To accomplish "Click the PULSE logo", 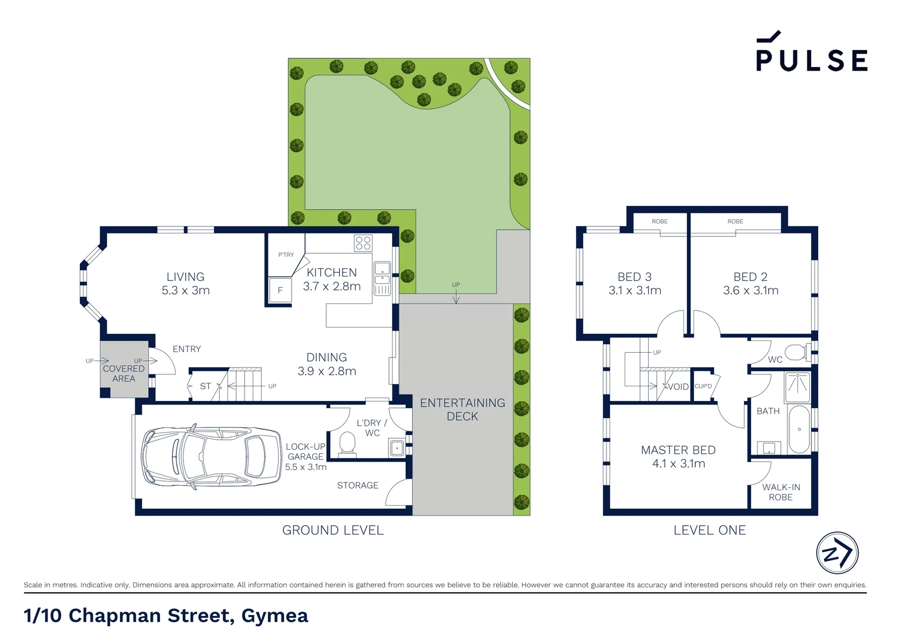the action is (811, 54).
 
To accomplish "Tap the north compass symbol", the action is (837, 553).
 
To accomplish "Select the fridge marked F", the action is (280, 290).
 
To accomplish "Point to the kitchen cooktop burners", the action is (363, 243).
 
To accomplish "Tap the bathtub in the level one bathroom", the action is (799, 429).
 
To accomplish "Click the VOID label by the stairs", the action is (678, 386).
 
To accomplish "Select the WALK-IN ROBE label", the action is (780, 492).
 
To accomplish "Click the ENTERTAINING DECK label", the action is (463, 409).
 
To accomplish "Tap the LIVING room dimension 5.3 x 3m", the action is (186, 290).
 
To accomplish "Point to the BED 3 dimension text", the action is (635, 290).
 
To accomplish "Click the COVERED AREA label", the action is (123, 373).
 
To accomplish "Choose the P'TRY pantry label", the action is (286, 255).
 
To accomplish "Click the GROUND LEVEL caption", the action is (333, 530).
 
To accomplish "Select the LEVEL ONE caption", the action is (709, 530).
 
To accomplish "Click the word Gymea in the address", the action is (274, 616).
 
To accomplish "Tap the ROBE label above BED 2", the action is (735, 222).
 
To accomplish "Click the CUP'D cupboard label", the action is (703, 386).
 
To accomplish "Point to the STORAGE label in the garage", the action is (357, 485).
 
